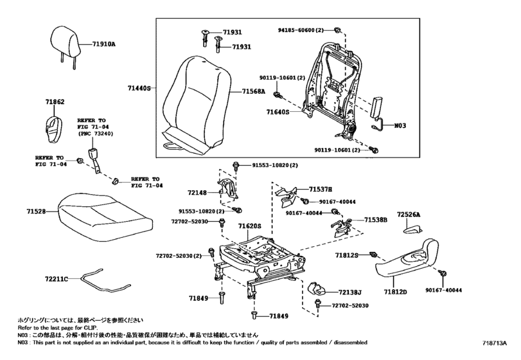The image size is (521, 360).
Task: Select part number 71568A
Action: pyautogui.click(x=254, y=91)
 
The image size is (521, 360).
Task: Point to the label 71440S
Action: pyautogui.click(x=139, y=88)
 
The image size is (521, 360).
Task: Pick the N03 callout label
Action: pyautogui.click(x=400, y=125)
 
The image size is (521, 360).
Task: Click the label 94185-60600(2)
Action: pyautogui.click(x=301, y=30)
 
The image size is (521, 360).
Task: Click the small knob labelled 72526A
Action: pyautogui.click(x=412, y=230)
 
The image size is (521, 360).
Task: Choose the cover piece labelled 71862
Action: pyautogui.click(x=54, y=130)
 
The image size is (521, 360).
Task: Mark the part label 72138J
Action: pyautogui.click(x=350, y=292)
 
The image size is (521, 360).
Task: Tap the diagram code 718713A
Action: pyautogui.click(x=495, y=343)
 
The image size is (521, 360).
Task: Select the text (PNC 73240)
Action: pyautogui.click(x=95, y=134)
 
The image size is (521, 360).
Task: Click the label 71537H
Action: pyautogui.click(x=321, y=190)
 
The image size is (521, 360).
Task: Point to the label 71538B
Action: pyautogui.click(x=376, y=220)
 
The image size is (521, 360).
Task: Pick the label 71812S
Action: pyautogui.click(x=346, y=255)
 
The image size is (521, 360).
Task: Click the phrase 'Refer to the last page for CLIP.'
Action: pyautogui.click(x=58, y=327)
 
